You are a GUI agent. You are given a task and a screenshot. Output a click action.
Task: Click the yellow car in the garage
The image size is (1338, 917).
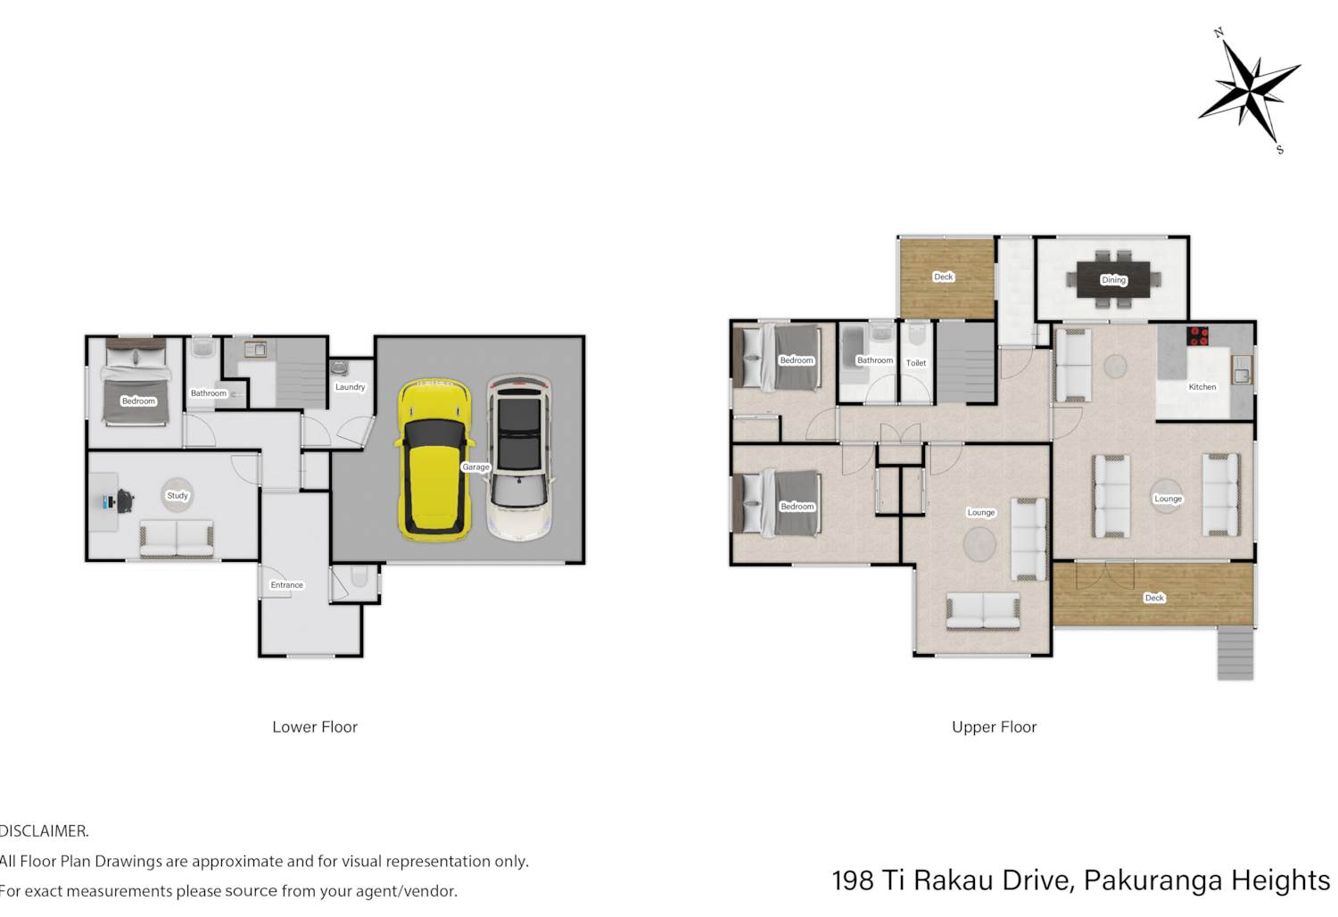point(434,460)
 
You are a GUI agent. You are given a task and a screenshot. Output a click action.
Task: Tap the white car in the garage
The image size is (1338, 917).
point(519,457)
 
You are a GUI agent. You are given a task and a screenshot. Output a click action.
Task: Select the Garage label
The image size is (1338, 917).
point(475,467)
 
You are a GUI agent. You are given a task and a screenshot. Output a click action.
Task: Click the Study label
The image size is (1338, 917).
point(178,495)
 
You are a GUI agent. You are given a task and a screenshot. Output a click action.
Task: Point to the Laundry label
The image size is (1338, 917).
point(350,386)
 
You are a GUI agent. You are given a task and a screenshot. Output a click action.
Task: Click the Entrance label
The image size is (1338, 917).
point(286,585)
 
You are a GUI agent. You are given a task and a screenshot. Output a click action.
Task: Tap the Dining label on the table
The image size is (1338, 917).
point(1113,279)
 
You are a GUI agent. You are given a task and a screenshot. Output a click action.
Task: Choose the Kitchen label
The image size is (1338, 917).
point(1202,386)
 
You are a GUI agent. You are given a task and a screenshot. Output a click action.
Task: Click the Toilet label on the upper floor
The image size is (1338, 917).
point(916,363)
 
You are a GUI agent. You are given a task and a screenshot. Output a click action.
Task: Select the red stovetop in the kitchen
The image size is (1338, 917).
point(1197,335)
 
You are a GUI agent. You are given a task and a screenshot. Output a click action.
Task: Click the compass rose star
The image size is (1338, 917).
point(1250,92)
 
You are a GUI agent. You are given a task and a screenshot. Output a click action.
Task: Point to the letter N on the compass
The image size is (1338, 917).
point(1219,33)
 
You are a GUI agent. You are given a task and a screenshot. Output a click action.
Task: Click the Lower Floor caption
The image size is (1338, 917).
point(315,727)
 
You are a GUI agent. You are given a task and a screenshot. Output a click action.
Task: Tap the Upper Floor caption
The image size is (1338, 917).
point(994,727)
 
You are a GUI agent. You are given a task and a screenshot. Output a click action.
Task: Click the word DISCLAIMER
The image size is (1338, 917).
point(44,831)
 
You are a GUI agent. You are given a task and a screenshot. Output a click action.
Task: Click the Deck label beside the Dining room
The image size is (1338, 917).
point(943,277)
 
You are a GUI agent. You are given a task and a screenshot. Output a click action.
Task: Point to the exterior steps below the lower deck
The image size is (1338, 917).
point(1235,653)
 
